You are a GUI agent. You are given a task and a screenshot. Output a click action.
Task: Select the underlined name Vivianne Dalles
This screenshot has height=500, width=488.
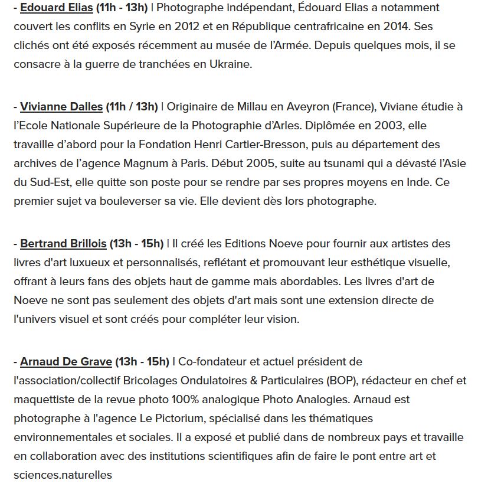61,106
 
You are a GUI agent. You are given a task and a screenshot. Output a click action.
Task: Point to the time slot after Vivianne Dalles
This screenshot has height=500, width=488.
132,106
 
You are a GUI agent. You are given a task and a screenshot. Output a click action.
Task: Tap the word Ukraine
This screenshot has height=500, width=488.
231,64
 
